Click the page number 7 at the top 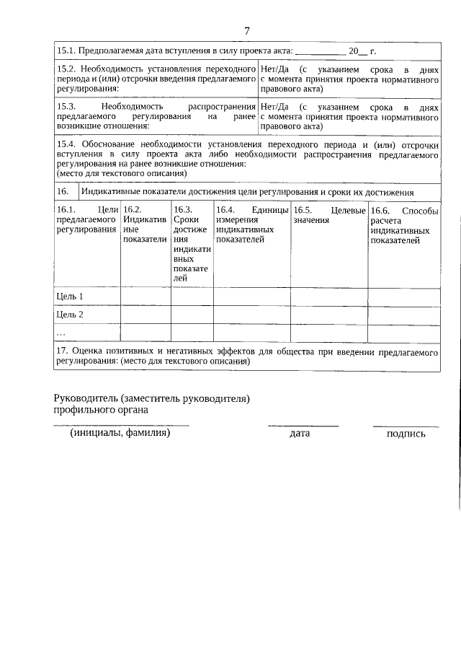point(247,30)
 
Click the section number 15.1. point(66,51)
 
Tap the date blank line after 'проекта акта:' point(320,52)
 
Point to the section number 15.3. point(66,106)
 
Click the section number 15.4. point(66,144)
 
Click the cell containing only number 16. point(63,191)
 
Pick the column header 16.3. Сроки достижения point(191,244)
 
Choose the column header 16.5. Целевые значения point(328,214)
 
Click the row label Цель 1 point(70,297)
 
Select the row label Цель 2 point(70,315)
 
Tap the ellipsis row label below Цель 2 point(61,333)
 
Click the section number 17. point(61,351)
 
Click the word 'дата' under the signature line point(300,434)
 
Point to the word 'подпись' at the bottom point(406,434)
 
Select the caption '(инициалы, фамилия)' point(120,433)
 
